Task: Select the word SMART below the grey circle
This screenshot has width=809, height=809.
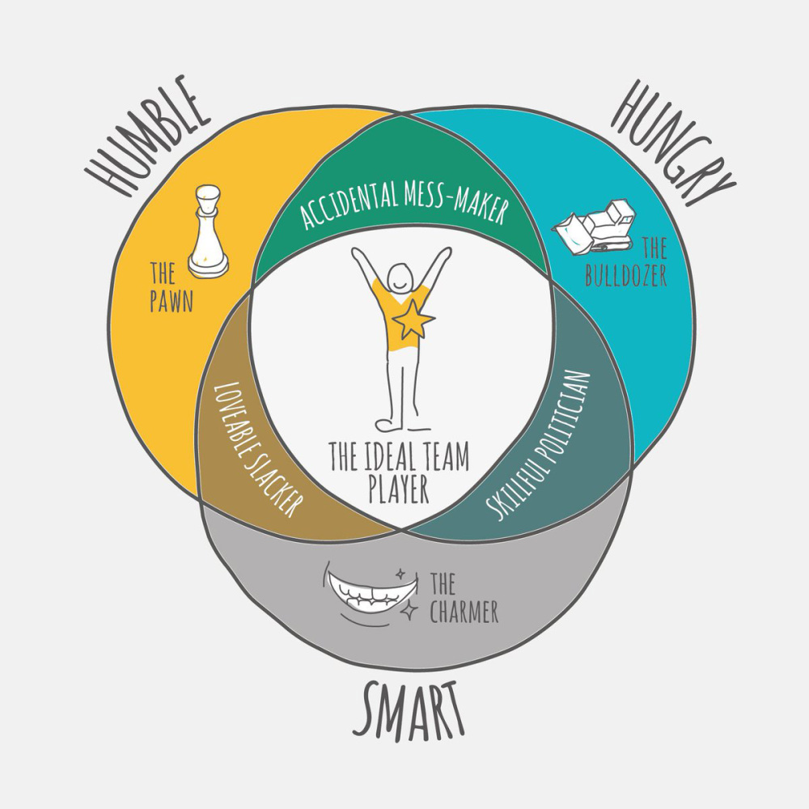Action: pos(409,711)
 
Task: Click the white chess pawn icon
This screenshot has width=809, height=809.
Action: pos(208,231)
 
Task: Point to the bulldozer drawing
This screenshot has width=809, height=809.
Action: pos(594,227)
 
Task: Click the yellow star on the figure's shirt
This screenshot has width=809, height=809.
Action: pos(413,320)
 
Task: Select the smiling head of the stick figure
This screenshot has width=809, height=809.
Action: pos(402,277)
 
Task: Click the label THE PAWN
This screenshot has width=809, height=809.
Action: pos(172,287)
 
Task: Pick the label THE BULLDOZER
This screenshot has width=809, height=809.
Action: pos(626,262)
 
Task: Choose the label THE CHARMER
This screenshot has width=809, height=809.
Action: pos(464,599)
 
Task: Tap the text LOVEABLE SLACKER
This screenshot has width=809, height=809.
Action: pos(256,449)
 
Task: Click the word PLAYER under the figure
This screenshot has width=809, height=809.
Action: pos(399,489)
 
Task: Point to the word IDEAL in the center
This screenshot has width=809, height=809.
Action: pos(390,456)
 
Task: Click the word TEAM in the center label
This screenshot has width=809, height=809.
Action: pos(447,456)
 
